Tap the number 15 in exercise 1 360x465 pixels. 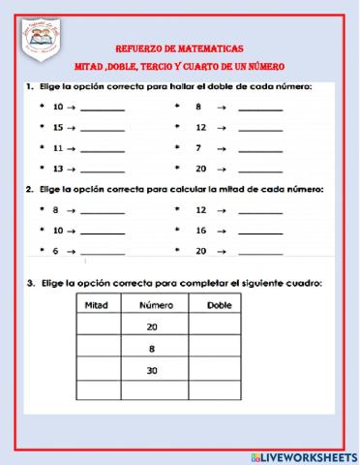pyautogui.click(x=59, y=128)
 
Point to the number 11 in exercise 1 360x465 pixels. pyautogui.click(x=59, y=148)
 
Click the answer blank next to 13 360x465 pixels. pyautogui.click(x=103, y=170)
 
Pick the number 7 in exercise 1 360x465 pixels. pyautogui.click(x=199, y=148)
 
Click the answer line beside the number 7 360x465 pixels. pyautogui.click(x=259, y=149)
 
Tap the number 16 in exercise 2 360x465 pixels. pyautogui.click(x=200, y=231)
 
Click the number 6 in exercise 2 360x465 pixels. pyautogui.click(x=57, y=251)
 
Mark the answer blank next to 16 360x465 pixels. pyautogui.click(x=259, y=232)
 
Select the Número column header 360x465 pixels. pyautogui.click(x=155, y=305)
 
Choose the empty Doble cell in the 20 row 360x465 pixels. pyautogui.click(x=220, y=327)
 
